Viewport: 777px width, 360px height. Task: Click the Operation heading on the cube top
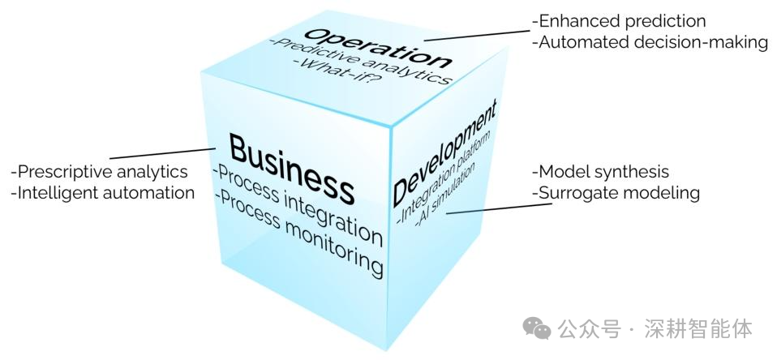[x=378, y=48]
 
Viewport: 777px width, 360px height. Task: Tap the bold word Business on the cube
[x=292, y=169]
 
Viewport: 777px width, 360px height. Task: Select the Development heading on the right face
[x=444, y=152]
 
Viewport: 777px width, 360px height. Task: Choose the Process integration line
[x=298, y=206]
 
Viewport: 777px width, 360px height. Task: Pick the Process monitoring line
[x=299, y=234]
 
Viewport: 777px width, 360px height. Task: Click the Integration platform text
[x=444, y=178]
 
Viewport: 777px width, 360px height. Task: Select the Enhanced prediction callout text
[x=618, y=21]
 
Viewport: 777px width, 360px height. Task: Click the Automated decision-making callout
[x=650, y=43]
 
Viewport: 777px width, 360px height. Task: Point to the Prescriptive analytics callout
[x=99, y=172]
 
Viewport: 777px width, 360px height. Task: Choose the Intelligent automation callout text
[x=102, y=193]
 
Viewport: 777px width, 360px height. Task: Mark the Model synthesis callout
[x=600, y=172]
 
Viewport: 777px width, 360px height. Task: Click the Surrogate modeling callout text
[x=616, y=193]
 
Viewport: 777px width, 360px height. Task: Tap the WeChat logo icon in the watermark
[x=537, y=329]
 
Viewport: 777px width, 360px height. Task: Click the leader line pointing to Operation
[x=477, y=35]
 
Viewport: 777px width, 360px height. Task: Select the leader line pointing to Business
[x=162, y=153]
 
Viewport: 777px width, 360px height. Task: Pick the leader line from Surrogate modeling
[x=499, y=208]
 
